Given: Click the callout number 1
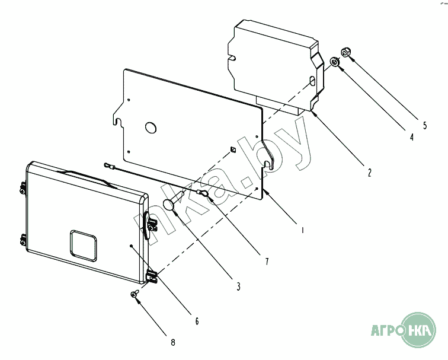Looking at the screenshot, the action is (303, 230).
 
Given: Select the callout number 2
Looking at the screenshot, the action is (369, 173).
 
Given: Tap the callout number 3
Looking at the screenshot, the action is (238, 286).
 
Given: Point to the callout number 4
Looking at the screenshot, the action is (411, 137).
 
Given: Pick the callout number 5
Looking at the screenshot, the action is (425, 125).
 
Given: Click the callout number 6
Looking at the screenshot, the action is (197, 321).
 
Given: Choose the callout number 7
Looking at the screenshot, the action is (267, 261).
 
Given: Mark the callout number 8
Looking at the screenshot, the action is (173, 342).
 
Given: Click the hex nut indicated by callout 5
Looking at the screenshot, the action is (345, 52).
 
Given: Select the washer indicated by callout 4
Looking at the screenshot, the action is (335, 62).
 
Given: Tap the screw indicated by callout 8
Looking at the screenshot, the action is (135, 294).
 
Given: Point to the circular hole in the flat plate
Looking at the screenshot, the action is (151, 128).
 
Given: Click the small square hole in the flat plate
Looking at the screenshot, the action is (233, 149).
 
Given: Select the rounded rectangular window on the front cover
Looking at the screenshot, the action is (83, 246).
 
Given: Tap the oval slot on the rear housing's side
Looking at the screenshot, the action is (313, 81).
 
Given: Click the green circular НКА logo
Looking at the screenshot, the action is (419, 330).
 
